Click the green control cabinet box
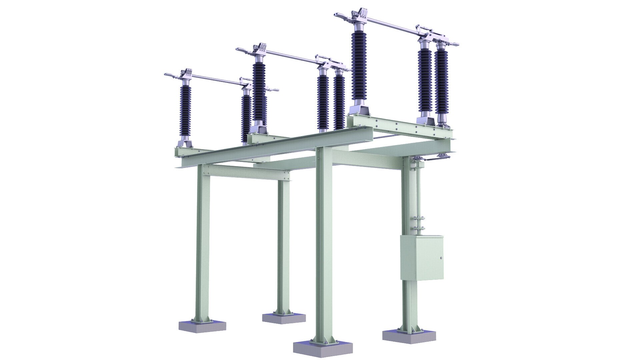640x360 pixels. (x=422, y=257)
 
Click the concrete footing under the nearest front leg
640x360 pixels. (x=323, y=348)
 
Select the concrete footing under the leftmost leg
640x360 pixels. (x=202, y=326)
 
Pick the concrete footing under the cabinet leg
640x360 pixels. (x=409, y=337)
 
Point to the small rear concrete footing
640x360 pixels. (x=284, y=318)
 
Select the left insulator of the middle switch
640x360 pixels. (x=259, y=90)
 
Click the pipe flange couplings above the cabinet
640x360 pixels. (x=419, y=223)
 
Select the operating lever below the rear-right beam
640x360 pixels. (x=430, y=162)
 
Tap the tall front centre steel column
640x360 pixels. (x=324, y=243)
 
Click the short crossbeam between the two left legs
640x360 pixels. (x=247, y=173)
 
